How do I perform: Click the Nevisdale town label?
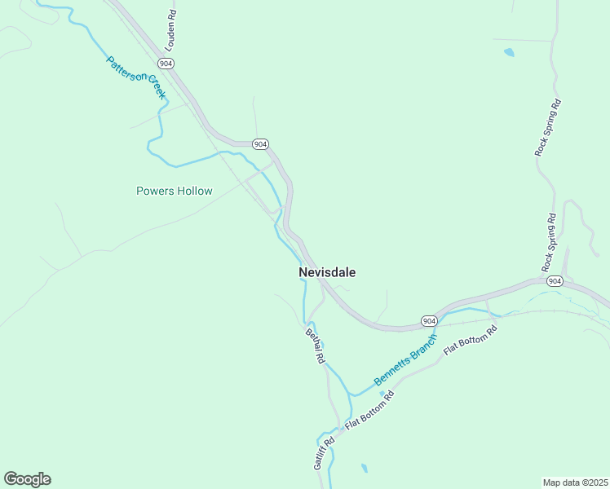(x=327, y=272)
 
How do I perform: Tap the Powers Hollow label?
(x=174, y=192)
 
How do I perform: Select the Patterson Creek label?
(x=136, y=77)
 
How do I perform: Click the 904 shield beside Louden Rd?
(x=166, y=63)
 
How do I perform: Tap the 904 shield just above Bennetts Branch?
(x=429, y=321)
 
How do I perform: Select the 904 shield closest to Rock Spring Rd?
(x=555, y=281)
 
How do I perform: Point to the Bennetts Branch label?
(x=405, y=360)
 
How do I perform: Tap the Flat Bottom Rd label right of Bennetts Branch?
(x=470, y=341)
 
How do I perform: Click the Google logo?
(x=27, y=479)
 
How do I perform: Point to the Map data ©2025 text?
(x=575, y=482)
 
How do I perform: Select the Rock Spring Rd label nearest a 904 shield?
(x=549, y=242)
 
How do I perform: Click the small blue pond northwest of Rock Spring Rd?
(x=510, y=52)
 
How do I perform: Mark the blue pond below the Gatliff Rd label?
(x=364, y=469)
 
